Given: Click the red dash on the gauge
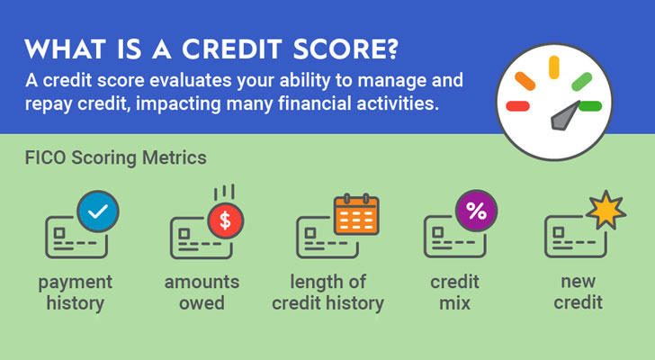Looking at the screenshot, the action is [x=517, y=106].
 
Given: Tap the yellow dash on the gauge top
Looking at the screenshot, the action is [x=554, y=67].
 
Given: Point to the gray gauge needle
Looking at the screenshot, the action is [x=564, y=116].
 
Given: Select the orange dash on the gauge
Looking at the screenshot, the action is [x=525, y=81].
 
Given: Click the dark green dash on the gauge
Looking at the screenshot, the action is [x=590, y=106].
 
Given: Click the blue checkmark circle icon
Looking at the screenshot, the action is [x=98, y=211].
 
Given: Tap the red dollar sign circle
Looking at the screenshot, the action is [x=226, y=220].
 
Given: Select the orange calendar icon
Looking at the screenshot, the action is [x=356, y=214].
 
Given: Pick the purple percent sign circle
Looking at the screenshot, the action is [x=476, y=211].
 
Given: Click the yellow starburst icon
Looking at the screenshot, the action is [x=606, y=210].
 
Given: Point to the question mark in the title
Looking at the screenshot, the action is [x=390, y=49].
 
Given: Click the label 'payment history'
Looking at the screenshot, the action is [x=76, y=292].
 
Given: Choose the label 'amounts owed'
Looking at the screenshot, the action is [x=202, y=292].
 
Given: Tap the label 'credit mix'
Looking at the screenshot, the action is [x=455, y=292].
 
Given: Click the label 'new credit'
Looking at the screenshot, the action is [x=579, y=292].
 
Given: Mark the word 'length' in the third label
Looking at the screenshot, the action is [x=316, y=283].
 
